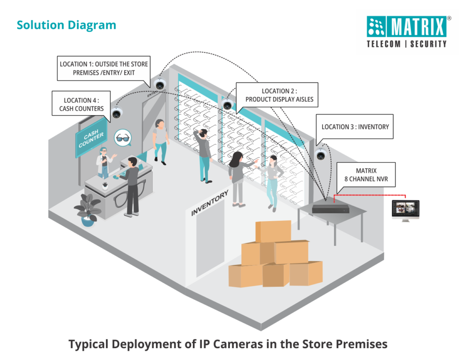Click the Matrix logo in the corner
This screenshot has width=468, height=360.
click(x=406, y=32)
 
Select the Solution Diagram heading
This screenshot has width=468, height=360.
click(x=66, y=25)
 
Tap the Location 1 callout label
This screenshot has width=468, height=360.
click(x=104, y=68)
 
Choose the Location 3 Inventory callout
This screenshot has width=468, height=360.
click(x=355, y=127)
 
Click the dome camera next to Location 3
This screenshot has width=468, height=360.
click(x=321, y=154)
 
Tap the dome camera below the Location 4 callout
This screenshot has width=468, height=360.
click(x=117, y=113)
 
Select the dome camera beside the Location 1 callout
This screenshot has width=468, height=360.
click(x=160, y=84)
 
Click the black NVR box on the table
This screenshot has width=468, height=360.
click(x=331, y=207)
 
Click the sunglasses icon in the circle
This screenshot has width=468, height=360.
click(x=122, y=137)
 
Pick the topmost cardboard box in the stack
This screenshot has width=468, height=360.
click(x=273, y=231)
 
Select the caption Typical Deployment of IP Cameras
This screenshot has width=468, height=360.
click(x=228, y=344)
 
